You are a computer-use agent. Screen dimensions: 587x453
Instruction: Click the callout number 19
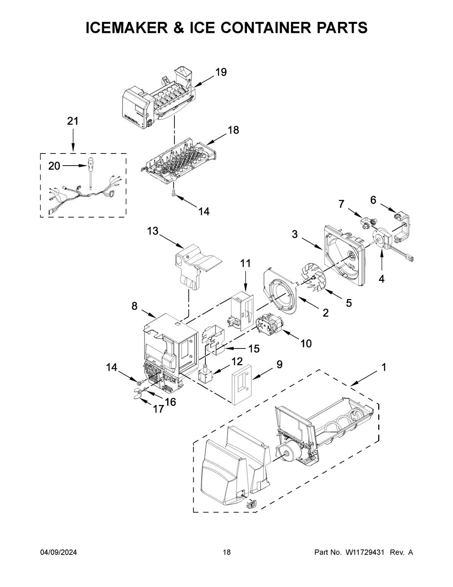point(221,72)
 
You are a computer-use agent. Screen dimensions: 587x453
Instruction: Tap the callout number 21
point(72,121)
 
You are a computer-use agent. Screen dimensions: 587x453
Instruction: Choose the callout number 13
point(153,231)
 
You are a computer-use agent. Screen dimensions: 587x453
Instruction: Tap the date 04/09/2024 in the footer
point(59,553)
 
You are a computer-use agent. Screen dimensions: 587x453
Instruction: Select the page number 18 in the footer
point(226,553)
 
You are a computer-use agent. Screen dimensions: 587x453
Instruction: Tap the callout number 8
point(134,306)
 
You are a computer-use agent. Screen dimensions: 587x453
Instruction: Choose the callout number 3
point(294,234)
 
